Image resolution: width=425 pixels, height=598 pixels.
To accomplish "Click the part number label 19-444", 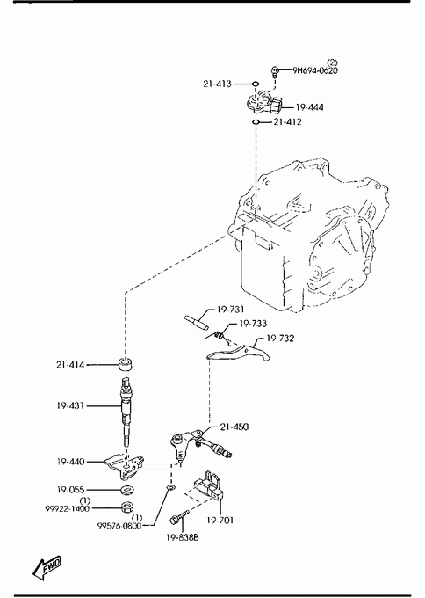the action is click(310, 107).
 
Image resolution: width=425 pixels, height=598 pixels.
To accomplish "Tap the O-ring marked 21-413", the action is click(255, 84).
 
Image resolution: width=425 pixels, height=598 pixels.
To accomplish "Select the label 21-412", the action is click(287, 122).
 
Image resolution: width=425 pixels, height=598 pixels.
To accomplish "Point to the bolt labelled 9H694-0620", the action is click(275, 71).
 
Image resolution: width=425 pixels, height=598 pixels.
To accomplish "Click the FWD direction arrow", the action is click(47, 567).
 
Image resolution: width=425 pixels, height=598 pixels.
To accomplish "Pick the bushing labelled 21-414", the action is click(126, 364).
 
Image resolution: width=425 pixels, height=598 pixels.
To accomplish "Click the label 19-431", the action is click(70, 405).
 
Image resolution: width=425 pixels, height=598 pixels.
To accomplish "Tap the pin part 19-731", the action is click(196, 323).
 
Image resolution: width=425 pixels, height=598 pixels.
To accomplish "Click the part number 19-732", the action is click(280, 339).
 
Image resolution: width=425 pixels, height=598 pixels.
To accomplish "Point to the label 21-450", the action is click(234, 427).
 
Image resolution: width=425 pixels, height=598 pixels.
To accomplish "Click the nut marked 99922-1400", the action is click(127, 507).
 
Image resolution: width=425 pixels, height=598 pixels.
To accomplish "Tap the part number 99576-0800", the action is click(119, 526).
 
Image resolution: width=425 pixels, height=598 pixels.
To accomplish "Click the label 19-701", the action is click(220, 521).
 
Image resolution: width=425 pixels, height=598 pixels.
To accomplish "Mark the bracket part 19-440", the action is click(125, 466).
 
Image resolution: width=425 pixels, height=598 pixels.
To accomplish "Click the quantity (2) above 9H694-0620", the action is click(332, 62).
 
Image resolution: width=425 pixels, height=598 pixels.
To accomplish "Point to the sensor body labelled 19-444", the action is click(264, 102).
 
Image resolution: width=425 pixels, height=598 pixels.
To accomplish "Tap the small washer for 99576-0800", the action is click(171, 488).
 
